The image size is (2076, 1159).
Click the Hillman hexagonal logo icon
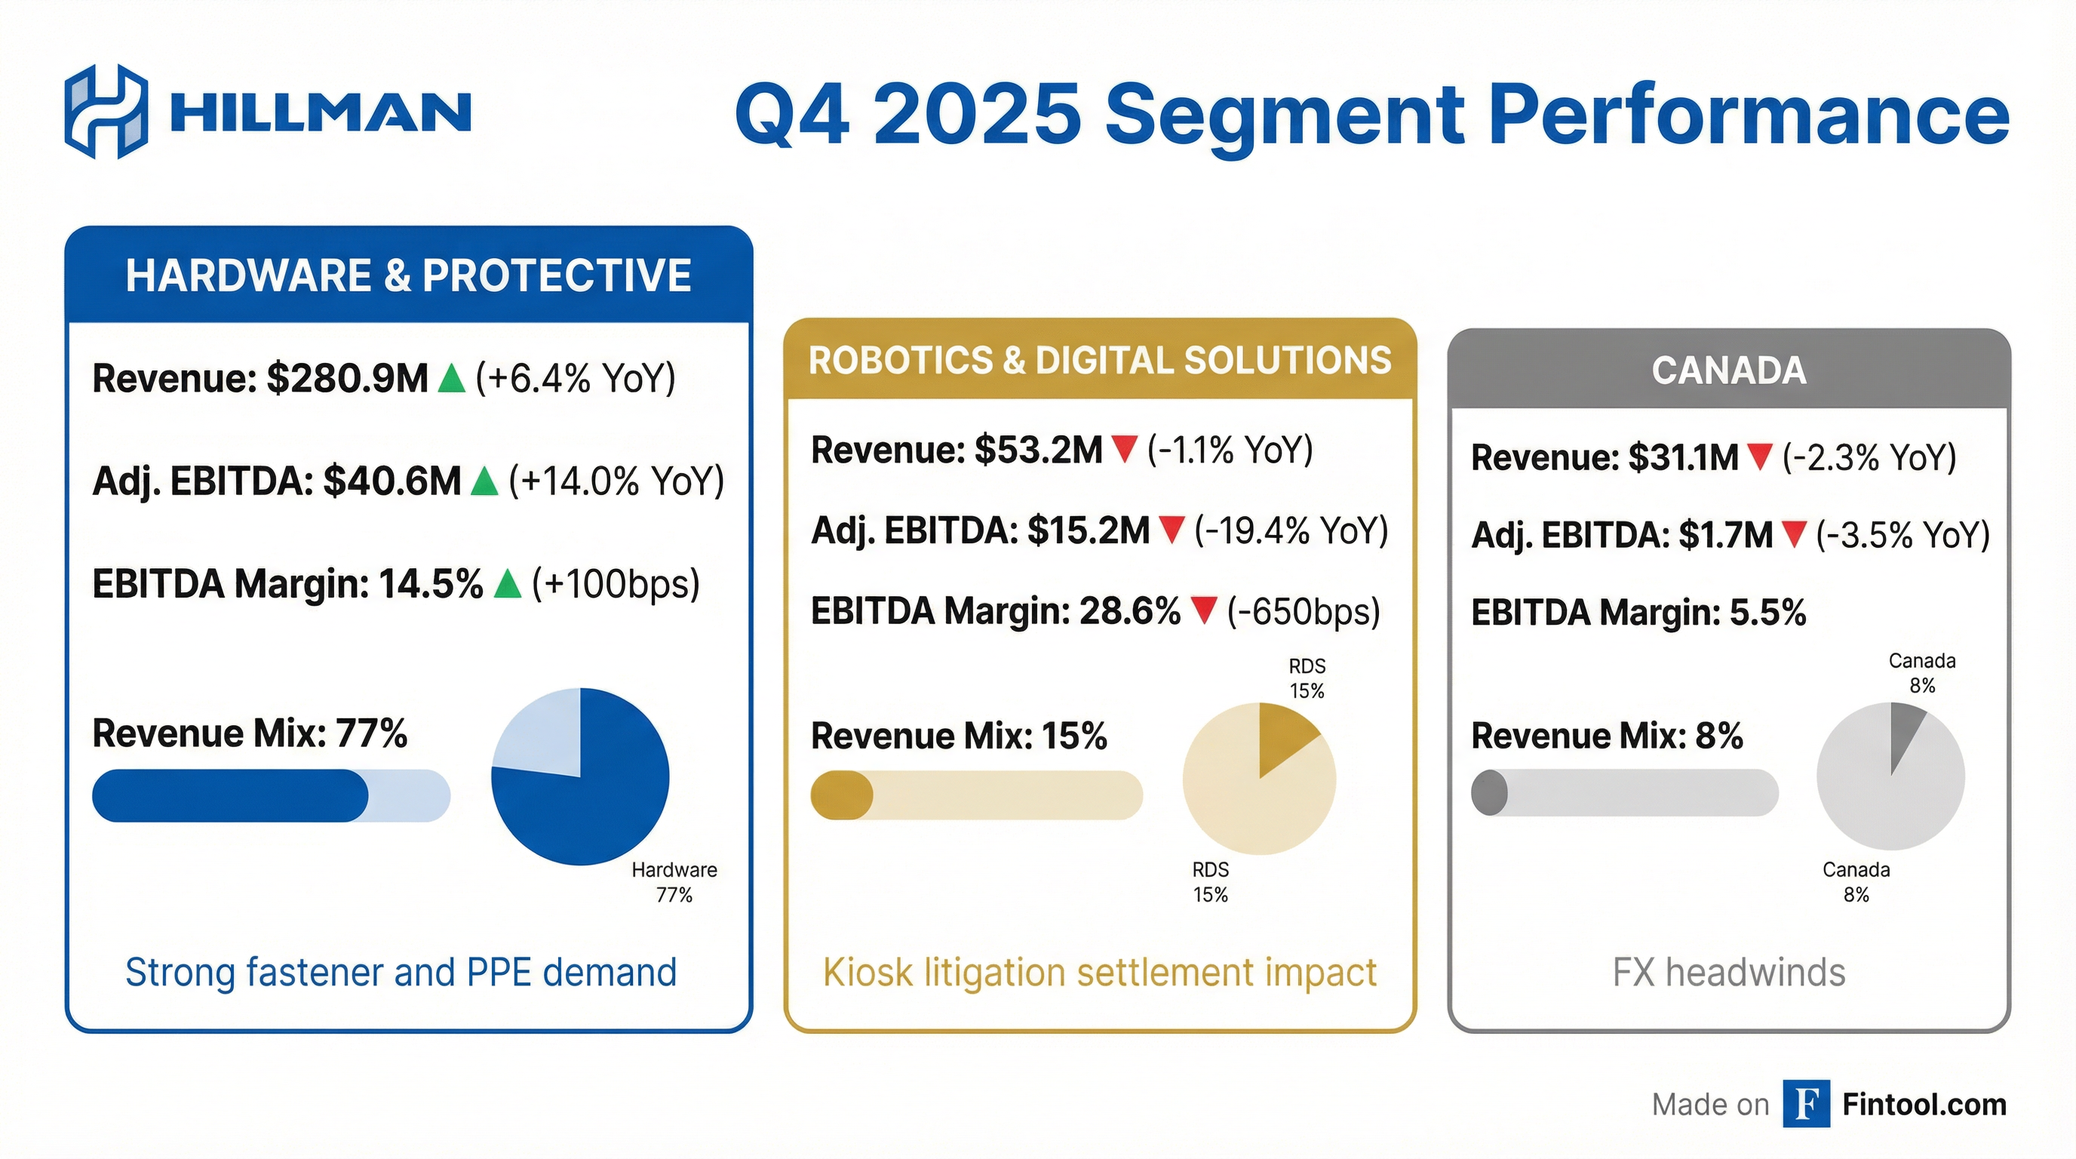pyautogui.click(x=106, y=111)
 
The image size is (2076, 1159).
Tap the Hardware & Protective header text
pyautogui.click(x=408, y=275)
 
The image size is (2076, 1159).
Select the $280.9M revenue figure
pyautogui.click(x=347, y=378)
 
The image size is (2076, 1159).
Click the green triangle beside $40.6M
pyautogui.click(x=484, y=482)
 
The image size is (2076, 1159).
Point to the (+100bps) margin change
pyautogui.click(x=616, y=583)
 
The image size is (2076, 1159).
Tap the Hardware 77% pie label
pyautogui.click(x=674, y=882)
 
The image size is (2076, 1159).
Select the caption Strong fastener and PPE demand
pyautogui.click(x=401, y=972)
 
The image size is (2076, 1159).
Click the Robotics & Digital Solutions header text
pyautogui.click(x=1099, y=360)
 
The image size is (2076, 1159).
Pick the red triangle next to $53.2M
pyautogui.click(x=1123, y=449)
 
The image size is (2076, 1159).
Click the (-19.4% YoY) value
pyautogui.click(x=1291, y=530)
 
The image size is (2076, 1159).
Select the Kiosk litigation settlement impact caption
pyautogui.click(x=1099, y=972)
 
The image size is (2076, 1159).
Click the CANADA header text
pyautogui.click(x=1729, y=370)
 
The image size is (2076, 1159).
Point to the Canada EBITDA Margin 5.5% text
pyautogui.click(x=1638, y=613)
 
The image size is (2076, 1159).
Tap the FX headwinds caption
pyautogui.click(x=1729, y=972)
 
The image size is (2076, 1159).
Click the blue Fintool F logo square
pyautogui.click(x=1806, y=1103)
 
